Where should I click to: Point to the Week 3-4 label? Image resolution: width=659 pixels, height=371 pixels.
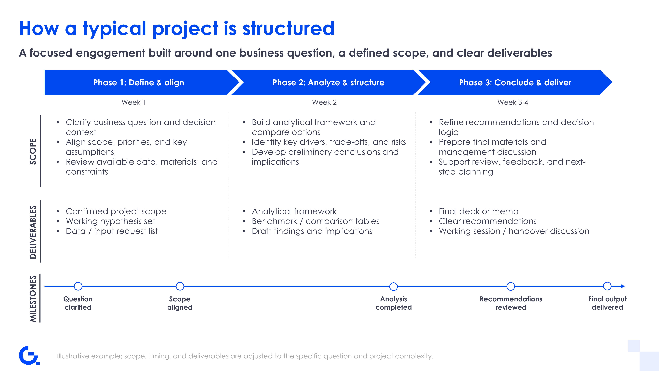[513, 102]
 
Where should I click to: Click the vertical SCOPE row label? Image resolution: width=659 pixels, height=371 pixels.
[33, 151]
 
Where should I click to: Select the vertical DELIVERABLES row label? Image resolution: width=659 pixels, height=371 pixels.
[33, 232]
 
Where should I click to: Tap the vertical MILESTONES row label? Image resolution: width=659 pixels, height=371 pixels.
[33, 299]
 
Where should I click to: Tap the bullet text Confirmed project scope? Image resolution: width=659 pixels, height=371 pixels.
[116, 211]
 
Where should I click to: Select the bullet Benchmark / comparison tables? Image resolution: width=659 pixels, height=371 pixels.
[315, 221]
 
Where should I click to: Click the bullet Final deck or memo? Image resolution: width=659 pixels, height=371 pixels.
[478, 211]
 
